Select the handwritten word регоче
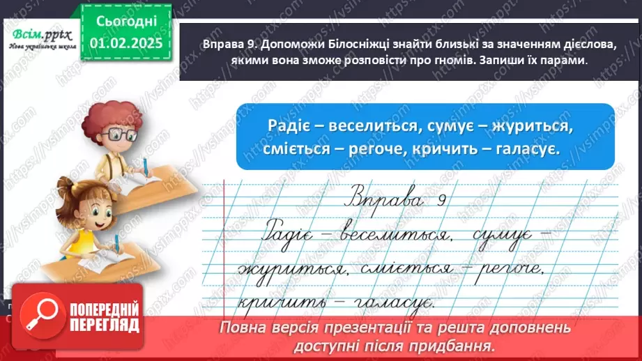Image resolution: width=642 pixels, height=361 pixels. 496,268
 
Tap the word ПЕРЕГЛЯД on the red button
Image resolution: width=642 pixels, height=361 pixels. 105,325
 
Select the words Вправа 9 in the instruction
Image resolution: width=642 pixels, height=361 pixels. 214,44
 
